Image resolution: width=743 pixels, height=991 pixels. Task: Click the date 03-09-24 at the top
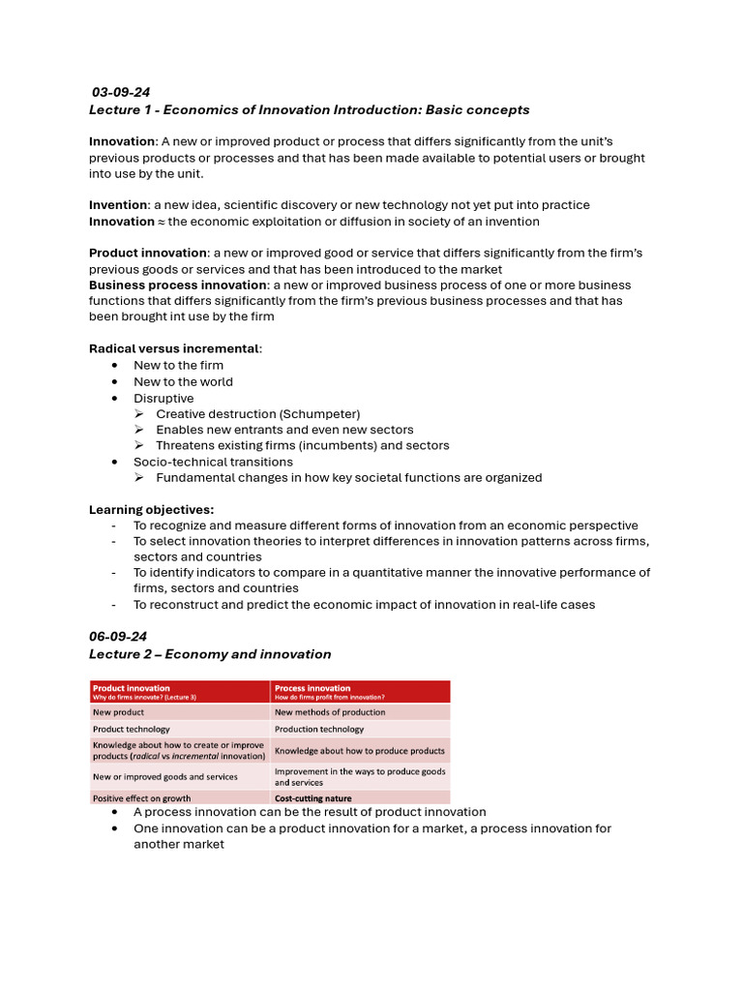[121, 93]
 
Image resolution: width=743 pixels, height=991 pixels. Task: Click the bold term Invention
[118, 205]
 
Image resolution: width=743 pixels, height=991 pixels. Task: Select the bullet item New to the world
[183, 381]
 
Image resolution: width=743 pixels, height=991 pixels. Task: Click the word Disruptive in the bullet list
[163, 398]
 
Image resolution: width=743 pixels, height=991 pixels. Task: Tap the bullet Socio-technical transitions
[213, 462]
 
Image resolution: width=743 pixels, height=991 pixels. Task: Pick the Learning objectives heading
[152, 509]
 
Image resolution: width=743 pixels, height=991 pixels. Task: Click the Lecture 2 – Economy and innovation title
[210, 654]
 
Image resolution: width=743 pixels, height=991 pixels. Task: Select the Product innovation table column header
[132, 688]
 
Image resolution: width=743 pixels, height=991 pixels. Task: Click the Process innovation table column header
[312, 688]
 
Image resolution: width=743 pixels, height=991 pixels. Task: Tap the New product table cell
[117, 711]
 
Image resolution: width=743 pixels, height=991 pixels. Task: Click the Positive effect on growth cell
[141, 798]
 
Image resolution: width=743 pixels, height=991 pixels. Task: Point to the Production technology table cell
[319, 729]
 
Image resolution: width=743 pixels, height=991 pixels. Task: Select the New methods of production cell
[330, 711]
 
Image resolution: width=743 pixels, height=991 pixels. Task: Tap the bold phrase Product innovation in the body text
[148, 253]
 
